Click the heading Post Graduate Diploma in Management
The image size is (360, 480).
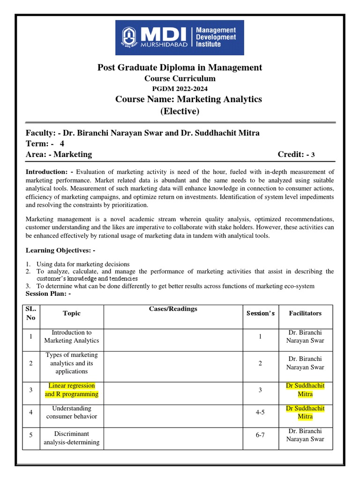coord(180,67)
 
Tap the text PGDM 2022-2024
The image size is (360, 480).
coord(180,89)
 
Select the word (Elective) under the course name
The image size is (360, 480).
coord(180,111)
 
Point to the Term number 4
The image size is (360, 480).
coord(62,143)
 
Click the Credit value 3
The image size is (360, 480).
coord(314,155)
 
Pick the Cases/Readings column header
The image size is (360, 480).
coord(173,309)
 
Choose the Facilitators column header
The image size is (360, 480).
coord(305,313)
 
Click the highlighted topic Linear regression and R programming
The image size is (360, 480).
coord(71,390)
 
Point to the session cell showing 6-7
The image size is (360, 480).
coord(260,435)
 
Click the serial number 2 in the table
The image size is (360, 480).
coord(30,363)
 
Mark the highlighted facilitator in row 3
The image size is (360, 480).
coord(305,390)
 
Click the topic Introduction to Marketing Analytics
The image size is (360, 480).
coord(71,337)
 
